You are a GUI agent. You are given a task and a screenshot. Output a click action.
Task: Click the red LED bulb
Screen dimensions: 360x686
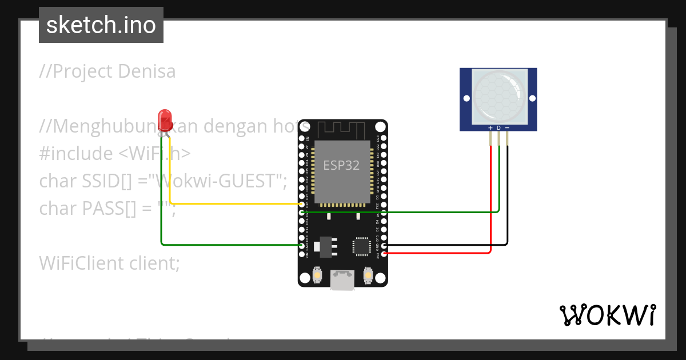tap(166, 119)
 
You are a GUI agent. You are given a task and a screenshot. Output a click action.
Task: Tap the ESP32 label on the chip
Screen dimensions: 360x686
tap(341, 166)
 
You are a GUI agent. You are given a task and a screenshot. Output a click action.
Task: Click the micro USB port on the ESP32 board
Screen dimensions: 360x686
tap(342, 281)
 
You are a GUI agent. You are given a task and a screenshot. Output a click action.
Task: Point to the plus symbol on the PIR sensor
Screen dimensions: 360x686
tap(490, 127)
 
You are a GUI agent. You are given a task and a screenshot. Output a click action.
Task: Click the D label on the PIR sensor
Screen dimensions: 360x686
tap(498, 127)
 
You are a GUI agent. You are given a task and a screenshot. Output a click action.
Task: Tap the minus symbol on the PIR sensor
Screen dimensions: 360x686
tap(507, 127)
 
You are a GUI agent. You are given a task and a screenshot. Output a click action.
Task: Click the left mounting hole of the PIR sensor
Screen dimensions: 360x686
tap(466, 98)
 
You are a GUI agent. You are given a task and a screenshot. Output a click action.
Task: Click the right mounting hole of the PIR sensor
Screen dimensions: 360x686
tap(531, 98)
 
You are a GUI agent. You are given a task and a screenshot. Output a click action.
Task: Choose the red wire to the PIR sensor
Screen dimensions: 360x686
tap(490, 200)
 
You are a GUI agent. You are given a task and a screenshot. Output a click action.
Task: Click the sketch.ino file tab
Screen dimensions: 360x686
tap(101, 25)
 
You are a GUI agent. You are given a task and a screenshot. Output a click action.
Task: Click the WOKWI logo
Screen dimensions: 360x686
tap(607, 315)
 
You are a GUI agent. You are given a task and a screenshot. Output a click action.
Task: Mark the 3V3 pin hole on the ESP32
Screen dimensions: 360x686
tap(384, 253)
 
